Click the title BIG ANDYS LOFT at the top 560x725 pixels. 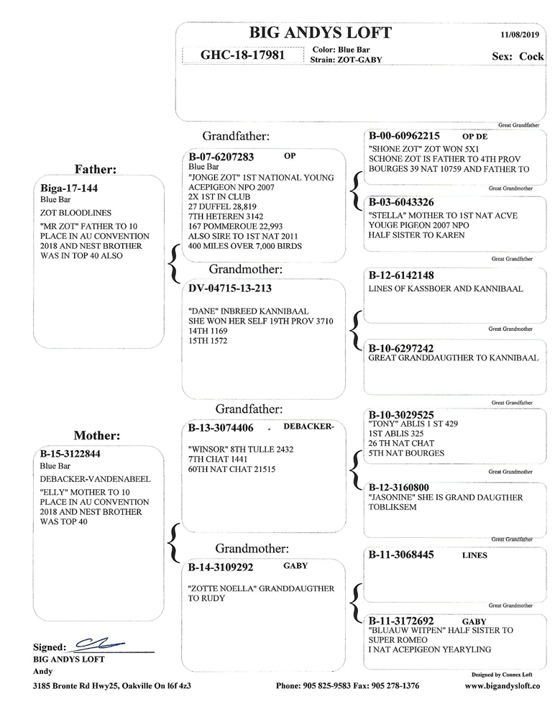pyautogui.click(x=320, y=32)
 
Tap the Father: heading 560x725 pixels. pyautogui.click(x=96, y=169)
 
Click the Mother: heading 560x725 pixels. pyautogui.click(x=96, y=435)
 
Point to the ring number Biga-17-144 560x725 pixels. pyautogui.click(x=68, y=188)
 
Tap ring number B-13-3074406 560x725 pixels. pyautogui.click(x=221, y=428)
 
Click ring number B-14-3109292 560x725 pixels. pyautogui.click(x=221, y=567)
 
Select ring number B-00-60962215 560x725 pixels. pyautogui.click(x=404, y=135)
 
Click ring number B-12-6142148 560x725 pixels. pyautogui.click(x=401, y=275)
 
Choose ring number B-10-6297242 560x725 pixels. pyautogui.click(x=401, y=347)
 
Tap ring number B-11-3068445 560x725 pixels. pyautogui.click(x=401, y=555)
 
